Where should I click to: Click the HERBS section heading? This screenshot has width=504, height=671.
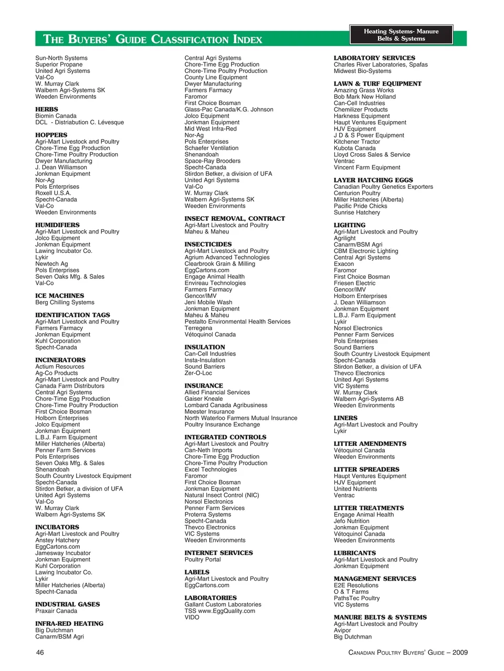click(47, 109)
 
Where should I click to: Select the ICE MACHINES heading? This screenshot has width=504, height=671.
click(59, 296)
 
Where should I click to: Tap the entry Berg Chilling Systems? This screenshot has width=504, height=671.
click(65, 302)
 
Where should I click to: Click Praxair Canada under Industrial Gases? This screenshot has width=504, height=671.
click(56, 611)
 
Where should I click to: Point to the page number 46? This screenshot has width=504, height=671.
click(40, 652)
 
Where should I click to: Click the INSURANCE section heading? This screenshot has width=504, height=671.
click(204, 386)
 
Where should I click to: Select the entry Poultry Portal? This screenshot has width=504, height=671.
click(203, 559)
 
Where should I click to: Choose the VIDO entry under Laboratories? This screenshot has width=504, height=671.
click(192, 617)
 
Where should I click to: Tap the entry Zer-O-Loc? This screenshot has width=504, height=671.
click(198, 373)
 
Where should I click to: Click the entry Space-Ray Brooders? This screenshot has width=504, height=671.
click(212, 161)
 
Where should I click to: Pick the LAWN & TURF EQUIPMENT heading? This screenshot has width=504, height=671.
click(377, 84)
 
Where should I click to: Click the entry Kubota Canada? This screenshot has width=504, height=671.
click(354, 148)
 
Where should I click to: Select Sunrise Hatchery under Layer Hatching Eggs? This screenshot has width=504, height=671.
click(357, 212)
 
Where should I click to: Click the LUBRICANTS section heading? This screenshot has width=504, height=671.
click(355, 553)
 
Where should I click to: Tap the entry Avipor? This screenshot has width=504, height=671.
click(343, 630)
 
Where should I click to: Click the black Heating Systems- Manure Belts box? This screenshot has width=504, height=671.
click(401, 35)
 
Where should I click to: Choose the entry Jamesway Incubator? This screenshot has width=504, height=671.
click(63, 553)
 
